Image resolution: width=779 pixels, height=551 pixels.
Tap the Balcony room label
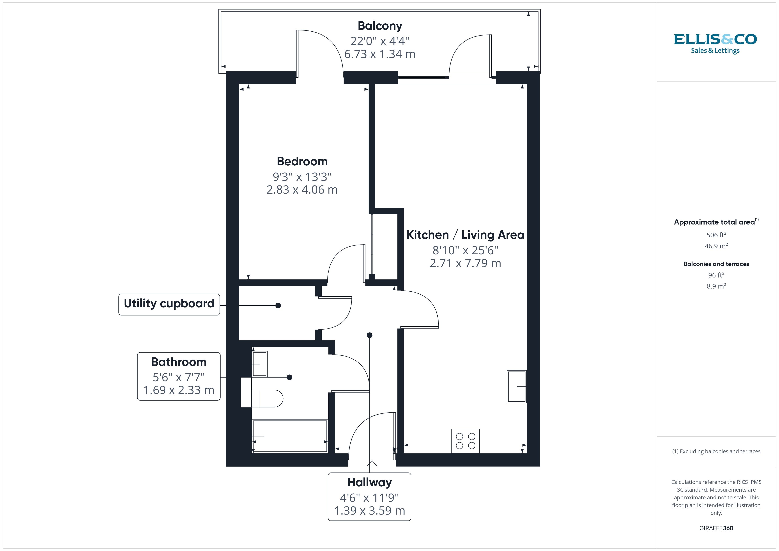pyautogui.click(x=380, y=26)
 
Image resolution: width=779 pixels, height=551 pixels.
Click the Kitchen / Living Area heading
pyautogui.click(x=465, y=235)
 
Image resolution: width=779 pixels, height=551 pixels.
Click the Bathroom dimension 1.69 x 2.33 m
pyautogui.click(x=179, y=390)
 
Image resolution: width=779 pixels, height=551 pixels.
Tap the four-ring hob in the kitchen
pyautogui.click(x=465, y=441)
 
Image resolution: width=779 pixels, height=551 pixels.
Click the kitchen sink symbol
pyautogui.click(x=516, y=387)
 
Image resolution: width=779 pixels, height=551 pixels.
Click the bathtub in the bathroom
pyautogui.click(x=290, y=436)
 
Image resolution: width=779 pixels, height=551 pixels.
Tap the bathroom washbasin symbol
pyautogui.click(x=259, y=364)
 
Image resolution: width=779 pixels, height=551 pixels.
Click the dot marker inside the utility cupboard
pyautogui.click(x=278, y=305)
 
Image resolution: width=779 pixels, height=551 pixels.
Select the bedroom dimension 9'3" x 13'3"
pyautogui.click(x=302, y=177)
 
